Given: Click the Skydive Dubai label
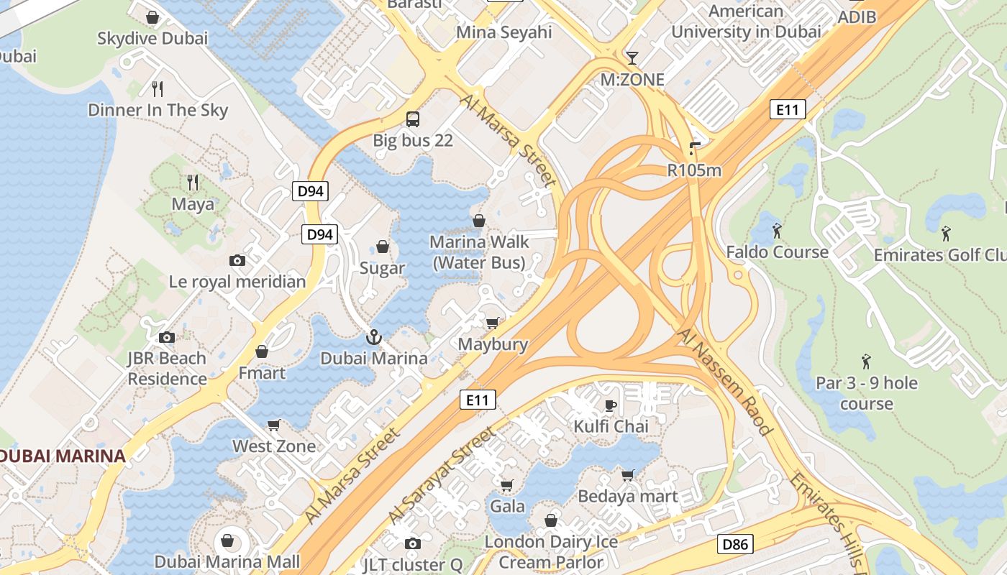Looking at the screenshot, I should (x=152, y=38).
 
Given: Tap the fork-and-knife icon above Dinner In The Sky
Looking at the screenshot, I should (x=158, y=89).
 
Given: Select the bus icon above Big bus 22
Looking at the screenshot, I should (x=413, y=119).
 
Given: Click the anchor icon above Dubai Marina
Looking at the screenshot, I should (x=373, y=337).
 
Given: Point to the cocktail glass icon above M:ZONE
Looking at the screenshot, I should (x=632, y=58).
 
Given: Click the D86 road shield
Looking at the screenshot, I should (x=735, y=544).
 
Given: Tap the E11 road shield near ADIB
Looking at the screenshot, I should (x=788, y=109).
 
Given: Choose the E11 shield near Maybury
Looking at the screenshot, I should (x=478, y=400).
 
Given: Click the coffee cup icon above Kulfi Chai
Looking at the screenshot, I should (x=610, y=405).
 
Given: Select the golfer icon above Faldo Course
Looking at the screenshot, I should (x=777, y=231).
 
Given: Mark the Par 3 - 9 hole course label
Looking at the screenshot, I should (x=867, y=393).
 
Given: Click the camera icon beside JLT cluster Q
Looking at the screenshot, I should (x=412, y=544).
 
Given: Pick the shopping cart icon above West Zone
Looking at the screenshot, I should (x=273, y=425).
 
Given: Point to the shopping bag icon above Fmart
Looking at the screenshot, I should (x=262, y=352).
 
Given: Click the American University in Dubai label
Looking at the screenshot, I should (x=746, y=22).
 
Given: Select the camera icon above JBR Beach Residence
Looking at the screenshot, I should (x=167, y=337).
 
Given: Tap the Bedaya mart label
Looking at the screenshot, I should (x=628, y=496).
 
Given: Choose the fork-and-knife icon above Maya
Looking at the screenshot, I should (x=192, y=183).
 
